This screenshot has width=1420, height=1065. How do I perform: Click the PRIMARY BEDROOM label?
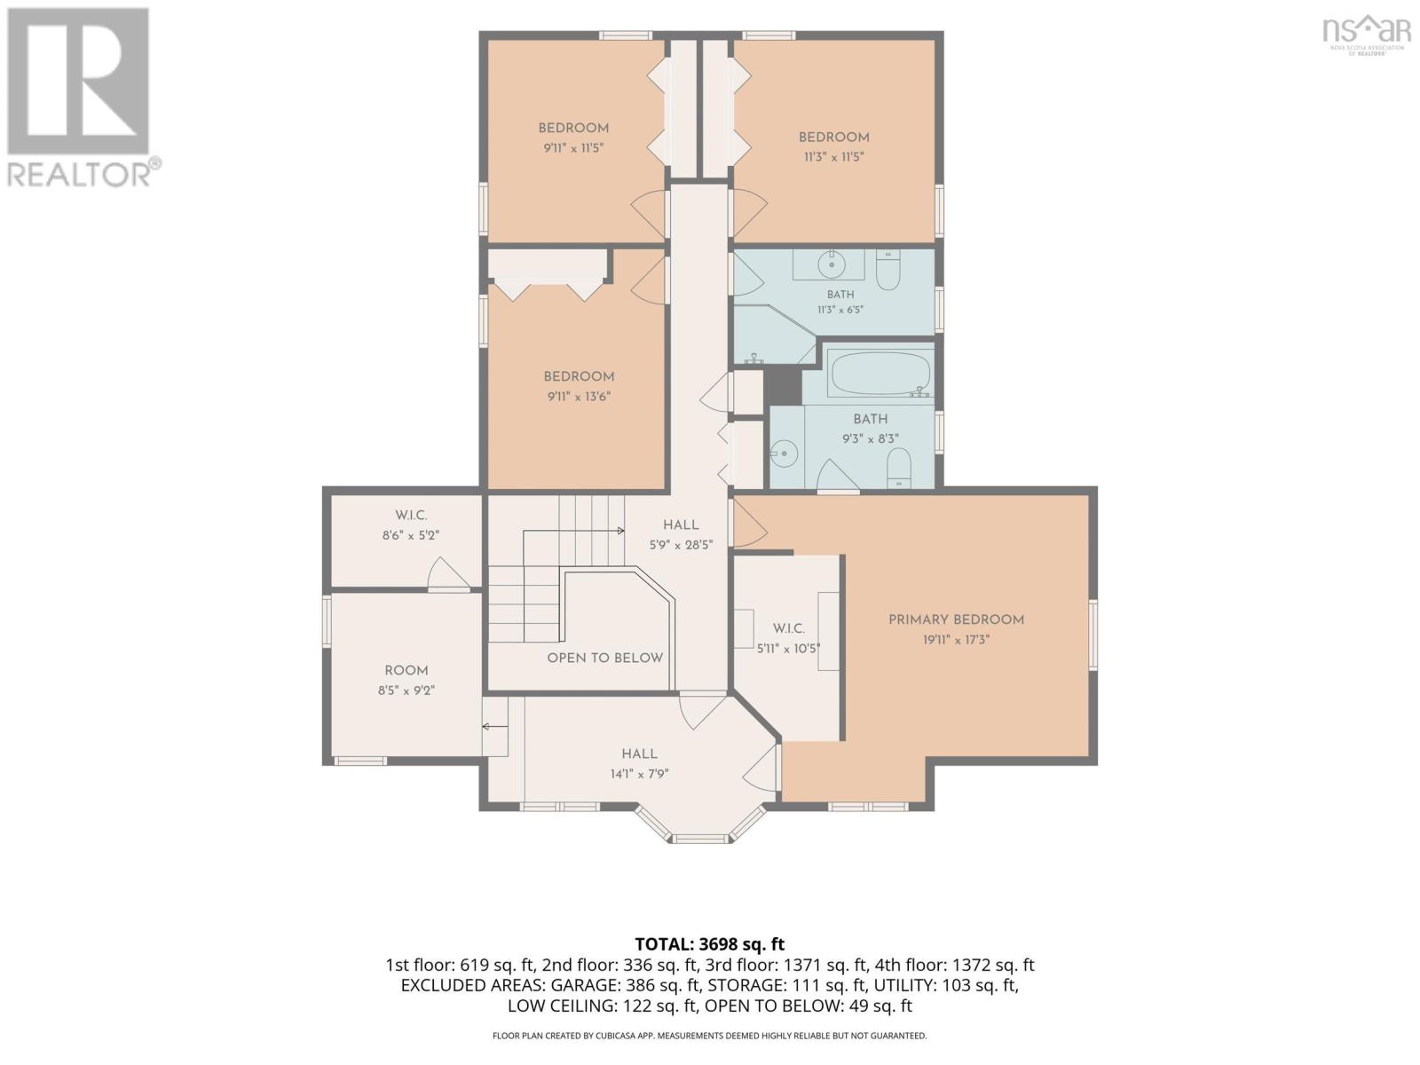[956, 619]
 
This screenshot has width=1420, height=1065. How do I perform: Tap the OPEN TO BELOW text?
[605, 658]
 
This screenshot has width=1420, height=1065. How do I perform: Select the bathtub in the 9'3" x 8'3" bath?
[880, 374]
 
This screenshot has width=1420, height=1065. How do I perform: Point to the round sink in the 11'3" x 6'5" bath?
[831, 264]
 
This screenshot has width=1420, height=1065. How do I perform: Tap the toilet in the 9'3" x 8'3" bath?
[898, 469]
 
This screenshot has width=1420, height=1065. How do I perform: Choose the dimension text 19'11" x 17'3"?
[956, 640]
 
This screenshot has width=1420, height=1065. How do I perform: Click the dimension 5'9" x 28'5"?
[681, 545]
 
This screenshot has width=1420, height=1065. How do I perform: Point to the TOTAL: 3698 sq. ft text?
[709, 944]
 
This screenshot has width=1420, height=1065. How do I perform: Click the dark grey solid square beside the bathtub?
[783, 387]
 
